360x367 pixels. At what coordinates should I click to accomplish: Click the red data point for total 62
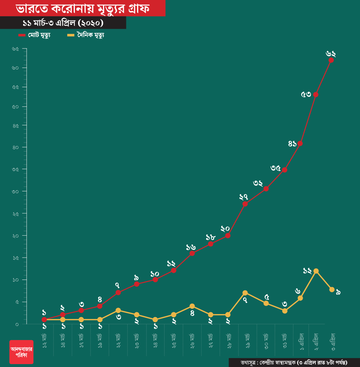point(331,60)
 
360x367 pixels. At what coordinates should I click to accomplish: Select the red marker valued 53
point(315,95)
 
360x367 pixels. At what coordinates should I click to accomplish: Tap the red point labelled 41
point(300,143)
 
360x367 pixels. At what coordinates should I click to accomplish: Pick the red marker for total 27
point(245,204)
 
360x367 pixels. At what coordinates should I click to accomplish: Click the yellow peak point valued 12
point(316,271)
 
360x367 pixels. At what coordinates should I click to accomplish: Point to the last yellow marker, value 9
point(332,289)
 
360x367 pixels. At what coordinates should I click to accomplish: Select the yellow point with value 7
point(245,293)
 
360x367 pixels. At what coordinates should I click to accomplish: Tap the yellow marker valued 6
point(300,298)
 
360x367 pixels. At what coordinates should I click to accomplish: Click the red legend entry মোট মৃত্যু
point(35,35)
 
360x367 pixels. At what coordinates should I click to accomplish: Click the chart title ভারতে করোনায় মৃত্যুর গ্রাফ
point(82,8)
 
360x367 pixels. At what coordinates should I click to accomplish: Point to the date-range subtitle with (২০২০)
point(63,23)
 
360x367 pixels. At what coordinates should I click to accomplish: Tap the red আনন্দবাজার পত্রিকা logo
point(21,352)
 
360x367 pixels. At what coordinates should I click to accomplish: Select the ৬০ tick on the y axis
point(15,68)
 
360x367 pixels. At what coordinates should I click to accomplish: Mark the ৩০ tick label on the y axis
point(15,191)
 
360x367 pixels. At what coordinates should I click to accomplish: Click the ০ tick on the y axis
point(17,324)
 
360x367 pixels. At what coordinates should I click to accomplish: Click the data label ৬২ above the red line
point(331,54)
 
